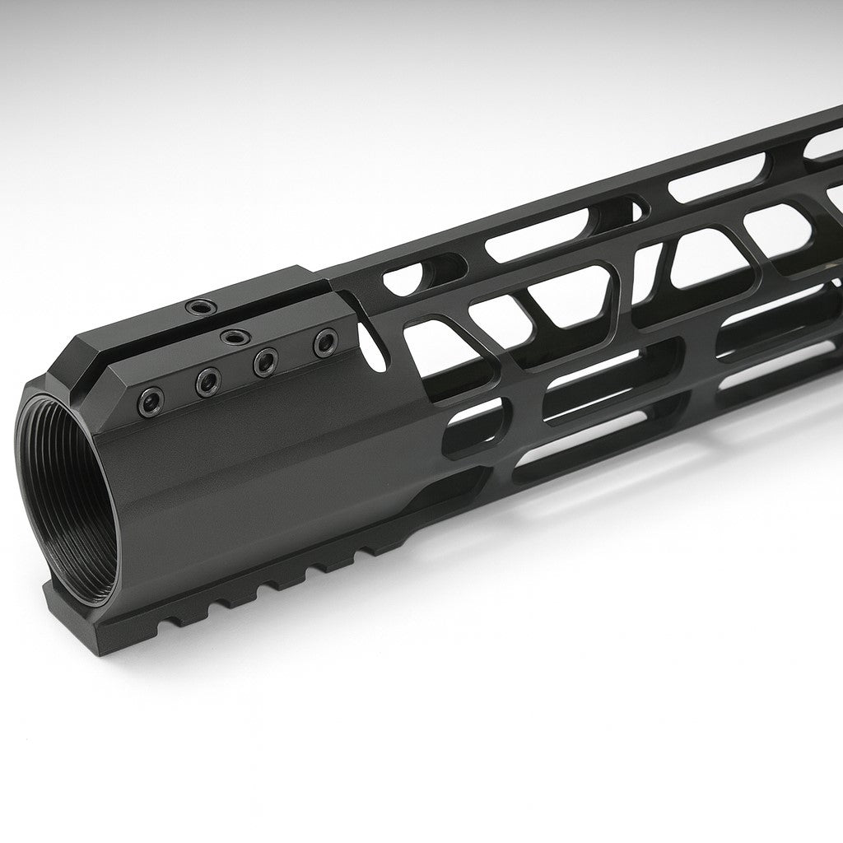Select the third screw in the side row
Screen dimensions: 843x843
(264, 360)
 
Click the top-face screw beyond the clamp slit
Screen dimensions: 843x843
(198, 308)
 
